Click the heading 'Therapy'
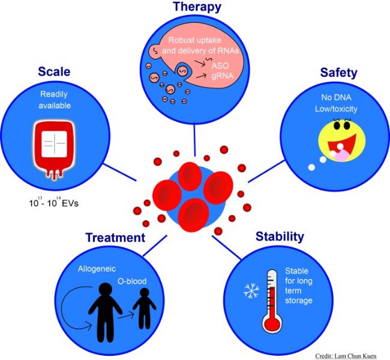tap(197, 7)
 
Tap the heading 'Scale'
tap(54, 71)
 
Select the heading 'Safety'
tap(338, 73)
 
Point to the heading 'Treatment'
tap(115, 238)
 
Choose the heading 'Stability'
tap(280, 236)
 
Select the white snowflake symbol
tap(251, 290)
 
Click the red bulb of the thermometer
tap(272, 322)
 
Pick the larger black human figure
tap(105, 312)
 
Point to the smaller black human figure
tap(144, 308)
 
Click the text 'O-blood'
tap(132, 281)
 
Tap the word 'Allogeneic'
tap(97, 269)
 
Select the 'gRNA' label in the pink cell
tap(223, 76)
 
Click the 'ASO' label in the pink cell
tap(220, 65)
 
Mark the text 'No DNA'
tap(336, 97)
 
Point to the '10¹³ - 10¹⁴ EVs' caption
tap(54, 202)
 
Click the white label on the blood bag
tap(54, 144)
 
